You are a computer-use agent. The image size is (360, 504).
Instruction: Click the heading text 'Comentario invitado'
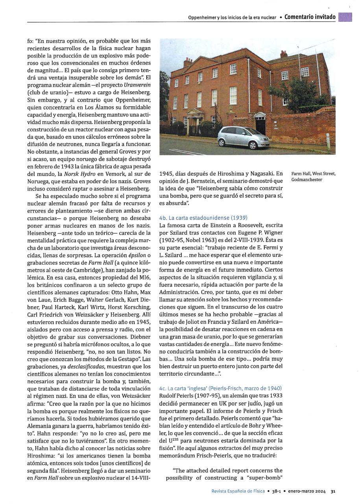[310, 17]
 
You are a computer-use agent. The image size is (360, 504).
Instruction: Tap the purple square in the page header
[345, 17]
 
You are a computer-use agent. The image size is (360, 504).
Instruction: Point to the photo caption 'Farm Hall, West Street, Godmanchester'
[313, 176]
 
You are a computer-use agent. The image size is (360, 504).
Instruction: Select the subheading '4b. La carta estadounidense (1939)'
[203, 218]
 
